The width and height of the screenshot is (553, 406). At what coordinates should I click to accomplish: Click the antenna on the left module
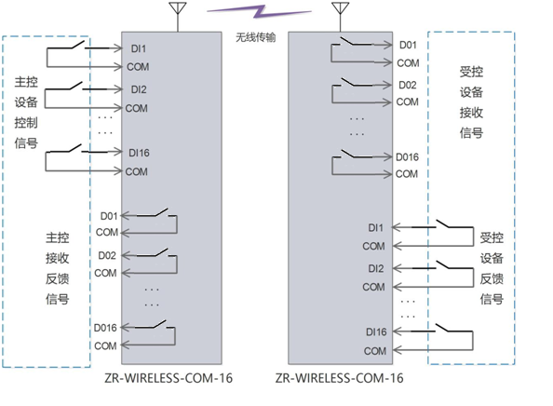174,14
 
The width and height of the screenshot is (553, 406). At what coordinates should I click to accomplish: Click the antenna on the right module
339,14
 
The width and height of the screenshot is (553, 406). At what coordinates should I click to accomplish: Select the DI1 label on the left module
138,47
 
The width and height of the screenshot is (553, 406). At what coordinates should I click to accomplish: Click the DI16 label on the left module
140,153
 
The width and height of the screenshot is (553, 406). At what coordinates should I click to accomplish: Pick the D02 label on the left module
105,254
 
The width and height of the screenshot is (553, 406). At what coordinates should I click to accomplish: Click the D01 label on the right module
408,45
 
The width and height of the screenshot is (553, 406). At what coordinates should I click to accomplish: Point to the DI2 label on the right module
375,269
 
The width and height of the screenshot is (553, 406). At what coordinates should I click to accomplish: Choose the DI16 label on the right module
377,332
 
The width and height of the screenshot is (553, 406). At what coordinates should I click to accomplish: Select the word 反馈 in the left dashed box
58,277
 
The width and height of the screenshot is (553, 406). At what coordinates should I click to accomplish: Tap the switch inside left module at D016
155,326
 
